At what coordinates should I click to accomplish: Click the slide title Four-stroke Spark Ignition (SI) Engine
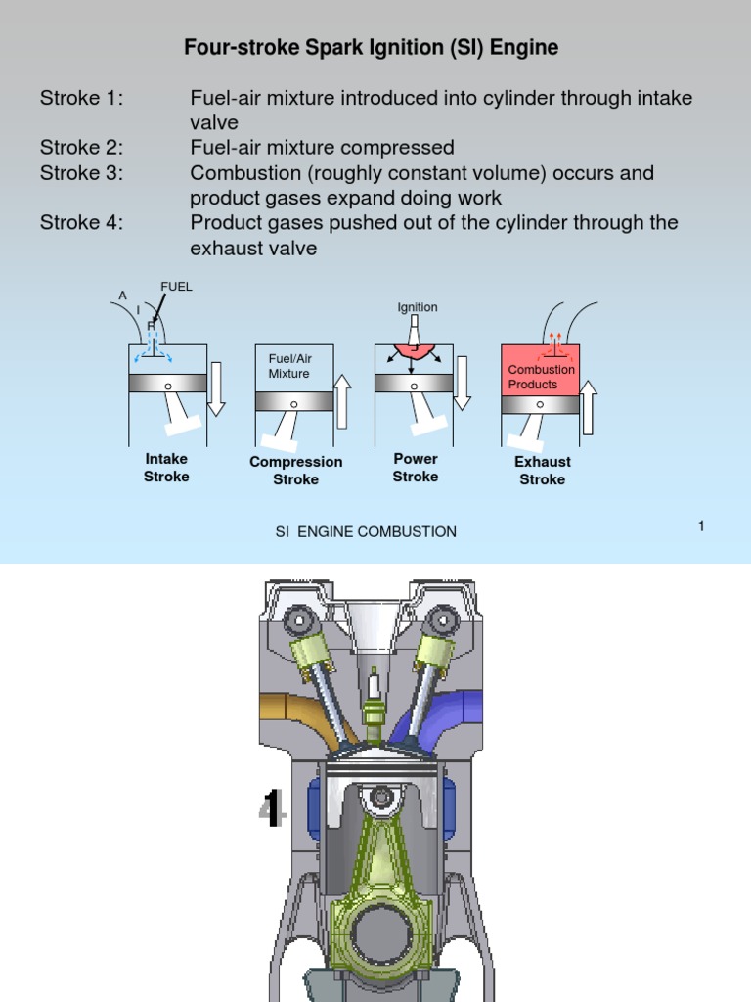tap(371, 47)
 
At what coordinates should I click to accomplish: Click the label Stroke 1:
tap(81, 98)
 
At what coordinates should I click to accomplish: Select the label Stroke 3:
tap(81, 173)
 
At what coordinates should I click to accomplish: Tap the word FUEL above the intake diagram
tap(177, 287)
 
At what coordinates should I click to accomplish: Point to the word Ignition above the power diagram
tap(418, 307)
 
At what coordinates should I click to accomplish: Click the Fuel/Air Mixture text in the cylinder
tap(289, 366)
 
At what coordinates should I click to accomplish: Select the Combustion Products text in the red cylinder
tap(541, 377)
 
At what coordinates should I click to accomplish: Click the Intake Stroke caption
tap(166, 468)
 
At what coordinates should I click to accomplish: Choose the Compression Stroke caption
tap(296, 471)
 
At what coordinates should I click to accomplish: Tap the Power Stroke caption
tap(416, 468)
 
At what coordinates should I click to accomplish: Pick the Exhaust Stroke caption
tap(543, 471)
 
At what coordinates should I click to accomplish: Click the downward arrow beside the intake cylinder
tap(216, 387)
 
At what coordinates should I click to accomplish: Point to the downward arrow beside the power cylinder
tap(463, 383)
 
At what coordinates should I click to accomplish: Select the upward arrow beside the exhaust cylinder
tap(588, 407)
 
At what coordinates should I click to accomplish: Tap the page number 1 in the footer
tap(701, 526)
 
